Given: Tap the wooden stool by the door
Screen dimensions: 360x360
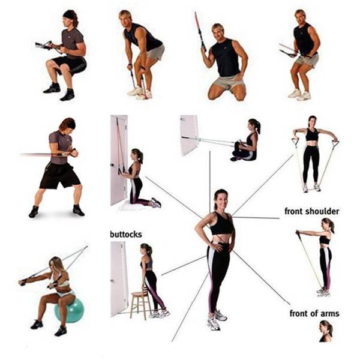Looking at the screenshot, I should pyautogui.click(x=139, y=303).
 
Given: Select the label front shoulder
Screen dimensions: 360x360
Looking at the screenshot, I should pyautogui.click(x=311, y=211).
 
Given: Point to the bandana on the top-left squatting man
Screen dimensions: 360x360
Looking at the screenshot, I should pyautogui.click(x=70, y=14).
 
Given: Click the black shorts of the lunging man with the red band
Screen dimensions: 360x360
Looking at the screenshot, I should pyautogui.click(x=59, y=175).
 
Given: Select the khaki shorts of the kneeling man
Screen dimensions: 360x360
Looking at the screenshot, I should pyautogui.click(x=227, y=82).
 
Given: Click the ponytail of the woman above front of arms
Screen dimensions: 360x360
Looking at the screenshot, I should pyautogui.click(x=330, y=328).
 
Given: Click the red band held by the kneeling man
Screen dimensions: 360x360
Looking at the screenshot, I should pyautogui.click(x=199, y=30).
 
